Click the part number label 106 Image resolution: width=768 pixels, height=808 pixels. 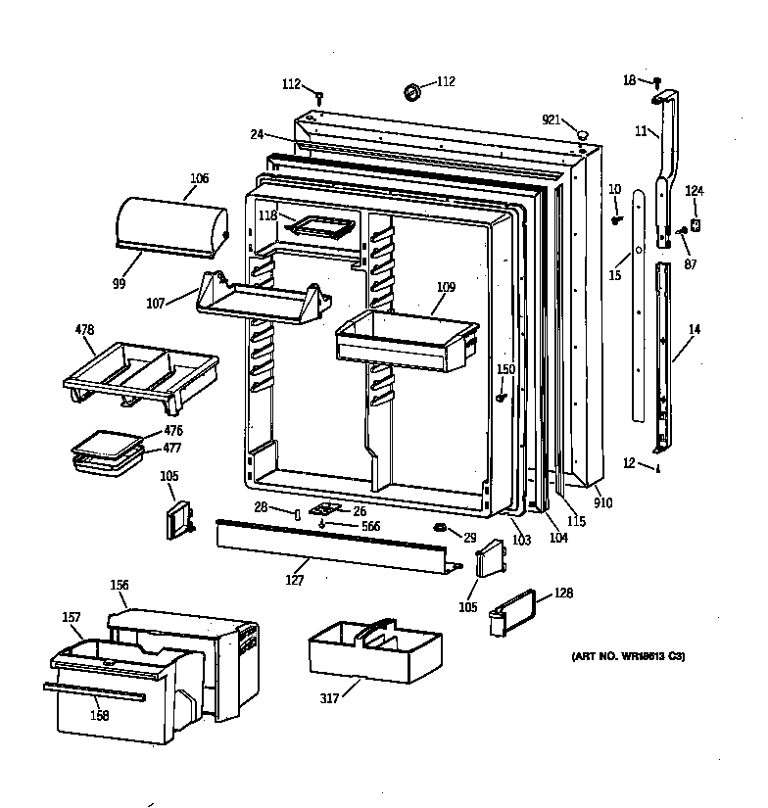(x=199, y=179)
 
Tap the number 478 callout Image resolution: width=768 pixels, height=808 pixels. (x=85, y=330)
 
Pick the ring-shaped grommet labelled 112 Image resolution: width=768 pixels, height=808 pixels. (x=411, y=92)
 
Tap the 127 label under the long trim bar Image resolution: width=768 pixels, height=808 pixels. (x=294, y=580)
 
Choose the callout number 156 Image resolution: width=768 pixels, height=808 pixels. (x=119, y=586)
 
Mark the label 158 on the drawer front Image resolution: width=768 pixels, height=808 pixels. (x=99, y=715)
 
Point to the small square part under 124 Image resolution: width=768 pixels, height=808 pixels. (x=696, y=224)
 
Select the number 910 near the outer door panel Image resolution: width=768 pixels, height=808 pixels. (x=602, y=503)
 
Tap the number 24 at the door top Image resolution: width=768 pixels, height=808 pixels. (x=257, y=134)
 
